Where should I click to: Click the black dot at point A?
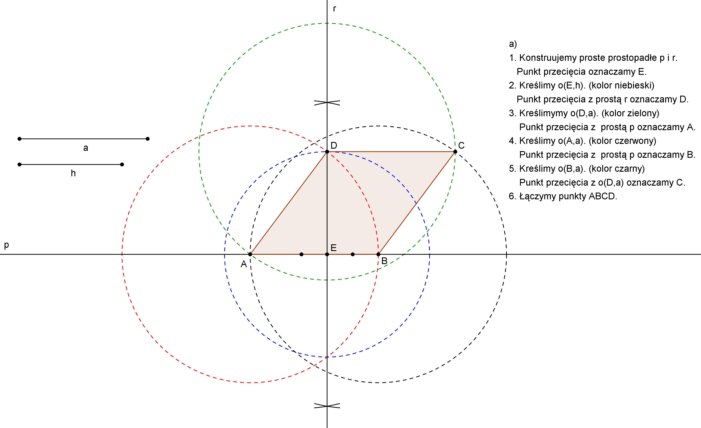[250, 254]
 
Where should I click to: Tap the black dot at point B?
[378, 254]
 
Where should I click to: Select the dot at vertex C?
[455, 152]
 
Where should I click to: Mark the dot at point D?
[327, 152]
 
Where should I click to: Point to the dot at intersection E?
[327, 254]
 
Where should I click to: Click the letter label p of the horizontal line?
[7, 245]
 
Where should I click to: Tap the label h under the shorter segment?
[73, 173]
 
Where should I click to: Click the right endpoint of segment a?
[148, 139]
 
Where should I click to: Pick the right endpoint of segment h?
[122, 164]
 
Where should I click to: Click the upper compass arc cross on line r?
[327, 103]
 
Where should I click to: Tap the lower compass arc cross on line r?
[327, 406]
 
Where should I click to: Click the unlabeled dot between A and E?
[302, 254]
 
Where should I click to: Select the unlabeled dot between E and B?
[353, 254]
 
